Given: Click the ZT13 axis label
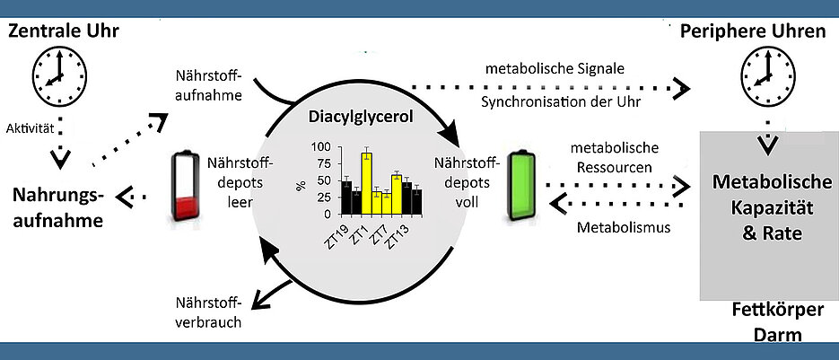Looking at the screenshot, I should pos(401,235).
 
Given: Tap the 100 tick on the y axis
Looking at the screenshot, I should pos(321,146).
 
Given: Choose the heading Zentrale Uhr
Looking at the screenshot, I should pos(63,32).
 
